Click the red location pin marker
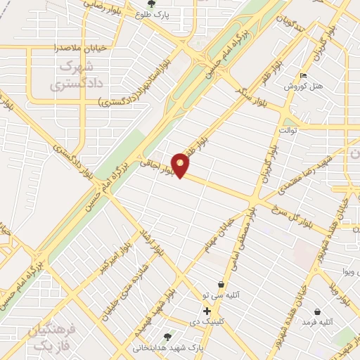pos(181,165)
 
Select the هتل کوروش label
pos(303,86)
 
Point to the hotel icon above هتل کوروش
pos(303,76)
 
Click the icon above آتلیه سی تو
pos(221,285)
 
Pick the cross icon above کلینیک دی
pos(207,311)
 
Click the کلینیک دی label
pos(207,321)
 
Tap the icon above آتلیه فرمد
pos(317,311)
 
